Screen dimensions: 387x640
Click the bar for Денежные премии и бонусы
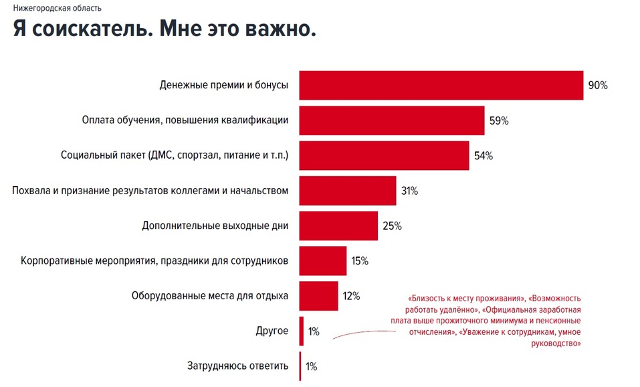point(441,85)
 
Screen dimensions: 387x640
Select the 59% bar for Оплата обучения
point(391,121)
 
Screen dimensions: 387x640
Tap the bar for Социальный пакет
point(383,155)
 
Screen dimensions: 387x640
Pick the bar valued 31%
point(348,191)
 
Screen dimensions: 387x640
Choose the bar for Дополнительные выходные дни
point(338,226)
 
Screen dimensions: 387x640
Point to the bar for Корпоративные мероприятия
point(322,260)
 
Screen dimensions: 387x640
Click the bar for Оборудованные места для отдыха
point(318,295)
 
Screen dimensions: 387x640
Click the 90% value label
point(597,86)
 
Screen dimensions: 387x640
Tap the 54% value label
point(483,156)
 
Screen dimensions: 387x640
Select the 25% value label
point(392,226)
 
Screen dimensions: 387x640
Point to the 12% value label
point(351,296)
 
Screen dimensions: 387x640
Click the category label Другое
point(272,331)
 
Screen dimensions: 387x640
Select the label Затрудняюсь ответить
point(238,366)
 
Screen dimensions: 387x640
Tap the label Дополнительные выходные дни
point(215,226)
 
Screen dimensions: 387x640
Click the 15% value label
point(360,261)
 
